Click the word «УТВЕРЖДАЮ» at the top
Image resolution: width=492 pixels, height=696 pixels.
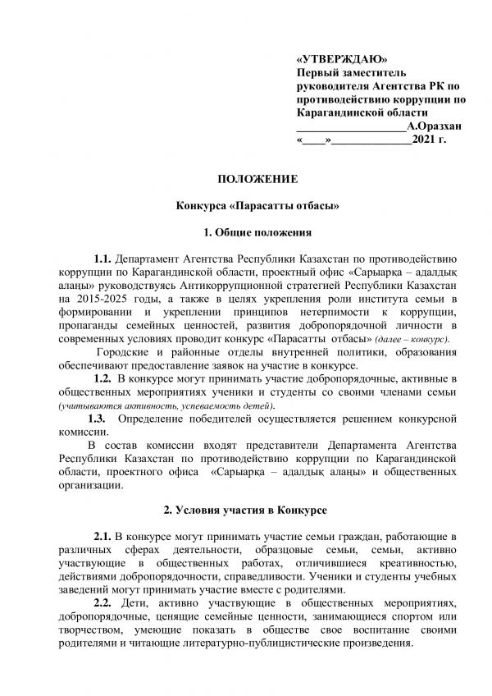click(339, 61)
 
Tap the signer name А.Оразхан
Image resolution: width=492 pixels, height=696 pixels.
click(434, 126)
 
